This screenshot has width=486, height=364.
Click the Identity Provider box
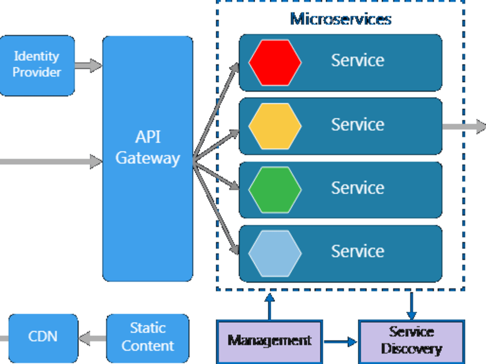tap(37, 65)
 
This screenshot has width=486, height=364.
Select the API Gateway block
tap(148, 158)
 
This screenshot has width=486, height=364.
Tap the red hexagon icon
tap(275, 63)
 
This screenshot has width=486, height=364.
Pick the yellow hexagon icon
tap(275, 126)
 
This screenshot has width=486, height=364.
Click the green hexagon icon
tap(275, 190)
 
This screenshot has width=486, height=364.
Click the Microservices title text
tap(340, 19)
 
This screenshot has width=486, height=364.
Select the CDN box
tap(43, 336)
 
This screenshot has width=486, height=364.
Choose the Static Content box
tap(148, 337)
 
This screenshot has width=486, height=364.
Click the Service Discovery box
tap(411, 341)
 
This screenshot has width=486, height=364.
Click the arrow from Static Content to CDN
tap(92, 338)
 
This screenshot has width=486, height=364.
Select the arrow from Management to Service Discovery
tap(340, 342)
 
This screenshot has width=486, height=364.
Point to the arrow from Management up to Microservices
tap(270, 306)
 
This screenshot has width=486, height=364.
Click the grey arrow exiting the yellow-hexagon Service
tap(464, 127)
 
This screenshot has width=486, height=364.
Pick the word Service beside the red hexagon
tap(357, 61)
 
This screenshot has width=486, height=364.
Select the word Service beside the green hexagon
tap(357, 188)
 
